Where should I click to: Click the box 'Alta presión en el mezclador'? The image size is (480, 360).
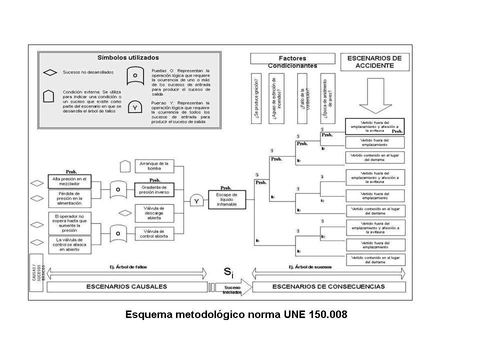[x=70, y=181]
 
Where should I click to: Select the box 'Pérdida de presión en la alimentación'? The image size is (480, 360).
[x=70, y=198]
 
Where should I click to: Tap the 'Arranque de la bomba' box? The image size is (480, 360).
[x=154, y=165]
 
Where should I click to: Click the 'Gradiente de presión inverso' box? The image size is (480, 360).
[x=154, y=189]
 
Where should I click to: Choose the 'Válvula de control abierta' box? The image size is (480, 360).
[x=154, y=233]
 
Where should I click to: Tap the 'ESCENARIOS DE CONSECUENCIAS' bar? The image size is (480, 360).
[x=328, y=286]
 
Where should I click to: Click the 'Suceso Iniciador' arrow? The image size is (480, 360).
[x=231, y=287]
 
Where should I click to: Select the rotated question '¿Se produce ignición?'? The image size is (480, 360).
[x=256, y=98]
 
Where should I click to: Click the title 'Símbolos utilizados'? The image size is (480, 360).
[x=128, y=57]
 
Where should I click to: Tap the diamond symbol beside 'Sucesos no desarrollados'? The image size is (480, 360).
[x=50, y=72]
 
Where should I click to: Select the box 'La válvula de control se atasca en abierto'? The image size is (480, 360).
[x=70, y=245]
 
